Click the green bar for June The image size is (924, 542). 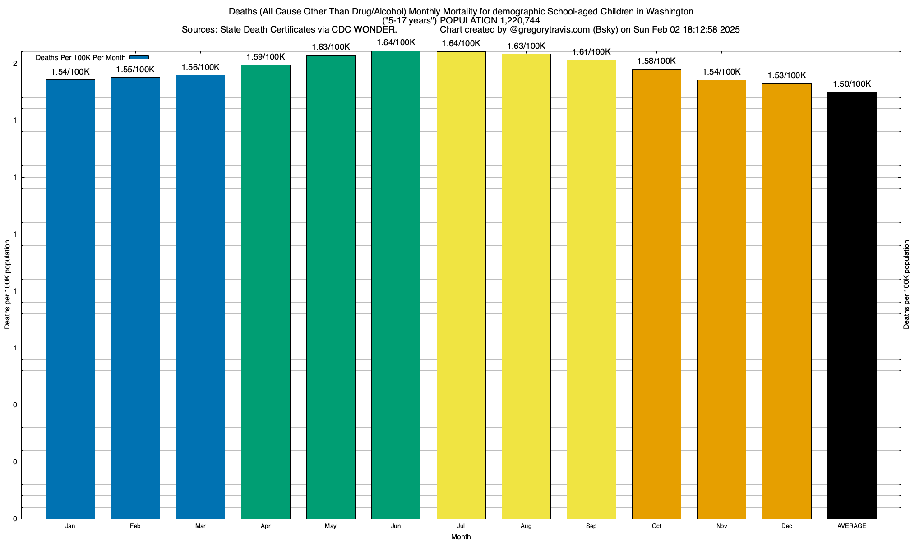(x=396, y=285)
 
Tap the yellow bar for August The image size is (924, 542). (x=526, y=286)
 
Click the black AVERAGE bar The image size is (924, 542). (x=852, y=305)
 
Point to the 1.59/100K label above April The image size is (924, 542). (x=266, y=57)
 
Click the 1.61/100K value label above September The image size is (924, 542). (x=591, y=52)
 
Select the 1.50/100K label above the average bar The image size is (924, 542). (x=852, y=84)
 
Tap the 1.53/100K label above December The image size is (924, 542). (x=787, y=75)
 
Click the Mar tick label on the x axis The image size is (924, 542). (x=200, y=526)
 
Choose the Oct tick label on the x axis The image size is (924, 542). (x=656, y=526)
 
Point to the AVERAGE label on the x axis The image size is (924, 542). (x=852, y=526)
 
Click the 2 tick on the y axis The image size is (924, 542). (x=15, y=64)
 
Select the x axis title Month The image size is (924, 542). (x=461, y=537)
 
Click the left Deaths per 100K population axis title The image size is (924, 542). (x=7, y=285)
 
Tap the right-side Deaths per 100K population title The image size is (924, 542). (x=906, y=285)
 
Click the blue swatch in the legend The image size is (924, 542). (x=139, y=57)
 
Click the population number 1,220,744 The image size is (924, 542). (x=520, y=21)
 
